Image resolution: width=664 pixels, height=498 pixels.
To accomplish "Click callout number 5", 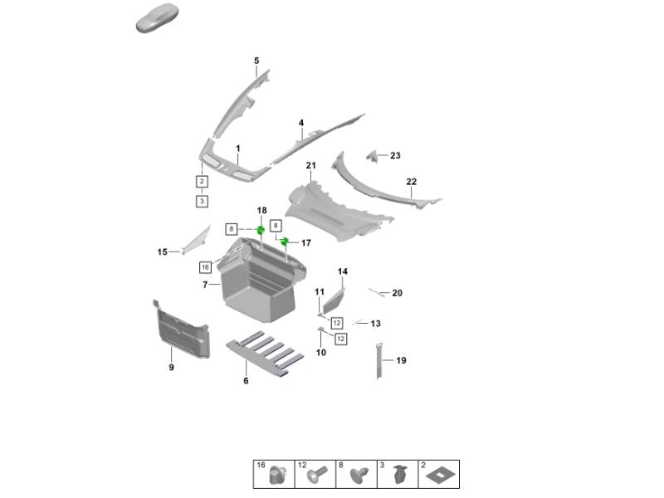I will pos(256,61).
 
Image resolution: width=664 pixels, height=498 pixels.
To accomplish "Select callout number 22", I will pos(411,181).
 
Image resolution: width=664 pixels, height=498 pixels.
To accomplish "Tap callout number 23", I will pos(395,155).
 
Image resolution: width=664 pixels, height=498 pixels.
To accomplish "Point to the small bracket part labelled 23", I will pos(373,155).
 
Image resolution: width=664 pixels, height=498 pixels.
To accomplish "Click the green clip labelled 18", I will pos(260,230).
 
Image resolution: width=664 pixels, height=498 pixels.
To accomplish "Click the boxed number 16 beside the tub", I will pos(204,267).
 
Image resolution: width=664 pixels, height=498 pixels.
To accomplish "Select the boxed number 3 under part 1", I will pos(202,201).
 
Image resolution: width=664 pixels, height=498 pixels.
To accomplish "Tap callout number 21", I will pos(311,166).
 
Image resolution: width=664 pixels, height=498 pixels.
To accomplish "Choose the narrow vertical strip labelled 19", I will pos(380,359).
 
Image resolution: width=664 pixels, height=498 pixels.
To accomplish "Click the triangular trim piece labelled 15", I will pos(196,240).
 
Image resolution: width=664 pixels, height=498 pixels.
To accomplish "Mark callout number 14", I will pos(343,271).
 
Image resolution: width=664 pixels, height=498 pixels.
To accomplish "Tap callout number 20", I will pos(398,293).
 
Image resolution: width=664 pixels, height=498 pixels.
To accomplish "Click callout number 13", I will pos(376,324).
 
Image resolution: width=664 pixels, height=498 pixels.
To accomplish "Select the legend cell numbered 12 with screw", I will pos(315,474).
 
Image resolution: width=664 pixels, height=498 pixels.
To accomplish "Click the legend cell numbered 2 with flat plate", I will pos(437,474).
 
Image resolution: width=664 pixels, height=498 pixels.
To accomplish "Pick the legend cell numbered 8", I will pos(355,474).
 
